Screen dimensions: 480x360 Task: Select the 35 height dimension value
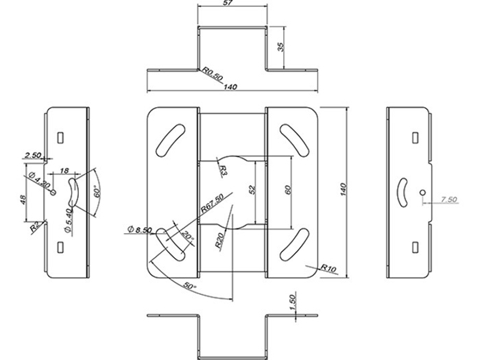pos(280,47)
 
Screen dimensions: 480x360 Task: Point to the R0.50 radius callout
pos(212,74)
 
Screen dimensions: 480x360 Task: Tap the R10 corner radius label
pos(328,268)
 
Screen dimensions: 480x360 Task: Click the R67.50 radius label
pos(212,203)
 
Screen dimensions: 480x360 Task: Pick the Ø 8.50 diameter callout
pos(139,229)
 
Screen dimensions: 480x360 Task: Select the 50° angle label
pos(189,286)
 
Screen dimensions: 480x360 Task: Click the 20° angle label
pos(187,237)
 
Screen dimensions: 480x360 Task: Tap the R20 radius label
pos(219,241)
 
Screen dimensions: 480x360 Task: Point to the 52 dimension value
pos(252,190)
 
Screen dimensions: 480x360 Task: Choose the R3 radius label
pos(224,170)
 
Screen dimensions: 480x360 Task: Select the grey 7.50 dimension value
pos(448,200)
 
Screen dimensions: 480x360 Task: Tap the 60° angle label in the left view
pos(97,191)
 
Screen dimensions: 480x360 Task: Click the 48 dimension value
pos(23,200)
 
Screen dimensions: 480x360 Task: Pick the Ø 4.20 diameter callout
pos(39,180)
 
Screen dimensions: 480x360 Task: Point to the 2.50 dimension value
pos(33,155)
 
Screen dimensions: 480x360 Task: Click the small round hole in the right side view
pos(422,193)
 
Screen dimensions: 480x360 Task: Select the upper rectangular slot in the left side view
pos(60,137)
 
